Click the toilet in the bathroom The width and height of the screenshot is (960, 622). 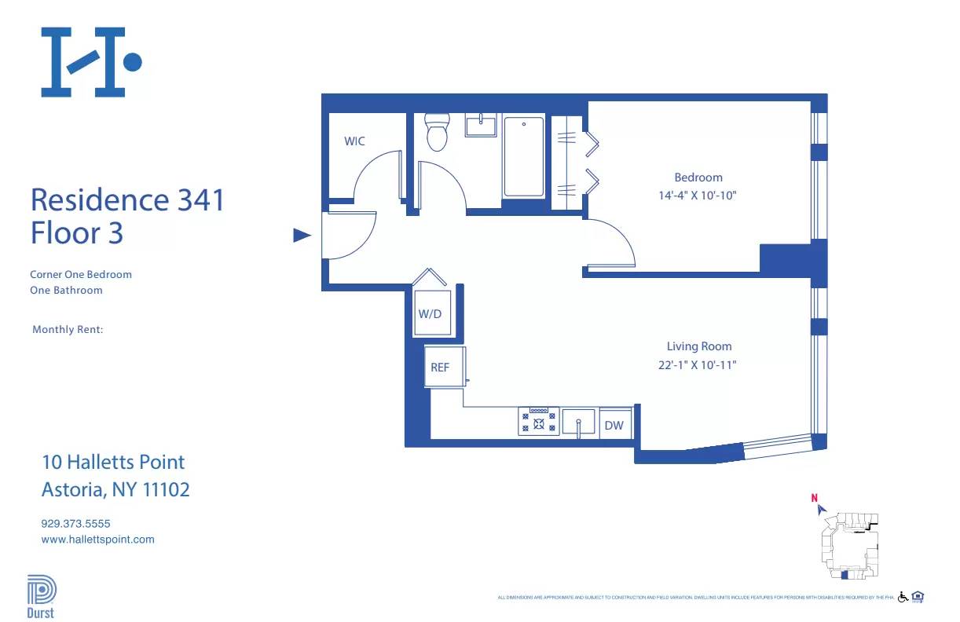[x=436, y=132]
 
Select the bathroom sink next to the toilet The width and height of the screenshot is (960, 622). [x=480, y=126]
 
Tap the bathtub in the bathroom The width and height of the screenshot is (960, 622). [x=523, y=156]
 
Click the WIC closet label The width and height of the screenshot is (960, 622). [x=354, y=141]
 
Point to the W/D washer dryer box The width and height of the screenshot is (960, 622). [x=430, y=314]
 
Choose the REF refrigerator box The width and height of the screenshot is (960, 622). [x=440, y=367]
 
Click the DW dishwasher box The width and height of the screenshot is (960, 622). [x=614, y=426]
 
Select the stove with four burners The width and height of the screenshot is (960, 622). [x=538, y=422]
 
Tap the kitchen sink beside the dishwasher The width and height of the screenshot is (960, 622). [x=578, y=423]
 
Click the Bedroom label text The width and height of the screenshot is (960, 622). [x=698, y=177]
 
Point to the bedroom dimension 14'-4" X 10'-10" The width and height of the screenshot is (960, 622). [x=698, y=196]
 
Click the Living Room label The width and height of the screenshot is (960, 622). [x=698, y=346]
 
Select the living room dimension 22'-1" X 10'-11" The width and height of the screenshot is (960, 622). [x=698, y=364]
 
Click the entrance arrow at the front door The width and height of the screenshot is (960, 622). [x=302, y=235]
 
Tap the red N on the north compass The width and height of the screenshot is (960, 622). [x=815, y=497]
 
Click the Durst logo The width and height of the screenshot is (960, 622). [x=41, y=597]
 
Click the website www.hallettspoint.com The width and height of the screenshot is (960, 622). [x=97, y=540]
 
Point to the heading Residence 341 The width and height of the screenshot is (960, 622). [x=127, y=199]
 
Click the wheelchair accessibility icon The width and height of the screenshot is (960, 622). [x=903, y=597]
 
